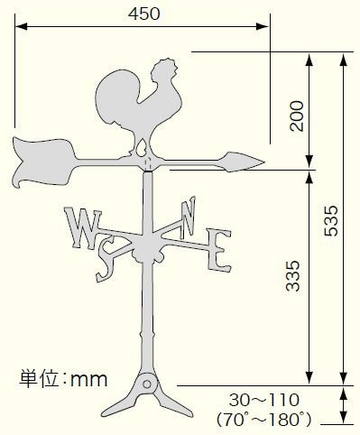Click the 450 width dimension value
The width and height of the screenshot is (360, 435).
[144, 14]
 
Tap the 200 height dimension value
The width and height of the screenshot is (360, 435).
[297, 116]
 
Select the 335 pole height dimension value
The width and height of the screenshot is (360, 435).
[293, 276]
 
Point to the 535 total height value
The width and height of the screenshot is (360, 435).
[331, 220]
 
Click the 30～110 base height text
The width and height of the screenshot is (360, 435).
[264, 401]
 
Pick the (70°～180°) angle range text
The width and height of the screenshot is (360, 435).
[264, 419]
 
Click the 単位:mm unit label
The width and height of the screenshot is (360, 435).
[63, 379]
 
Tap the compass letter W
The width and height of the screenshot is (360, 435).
[83, 228]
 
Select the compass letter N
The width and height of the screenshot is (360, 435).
[188, 217]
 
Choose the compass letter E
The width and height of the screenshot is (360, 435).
[218, 250]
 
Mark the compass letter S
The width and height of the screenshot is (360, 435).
[106, 259]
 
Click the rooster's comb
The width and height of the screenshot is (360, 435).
[165, 68]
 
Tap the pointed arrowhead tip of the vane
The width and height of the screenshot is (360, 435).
[264, 162]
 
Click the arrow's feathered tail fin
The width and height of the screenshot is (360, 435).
[43, 162]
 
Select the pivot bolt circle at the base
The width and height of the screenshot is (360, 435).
[147, 384]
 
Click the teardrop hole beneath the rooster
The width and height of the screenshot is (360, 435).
[141, 148]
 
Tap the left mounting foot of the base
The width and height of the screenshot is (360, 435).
[120, 403]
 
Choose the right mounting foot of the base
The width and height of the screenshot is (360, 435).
[174, 403]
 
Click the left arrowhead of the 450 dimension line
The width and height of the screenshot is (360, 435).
[22, 26]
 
